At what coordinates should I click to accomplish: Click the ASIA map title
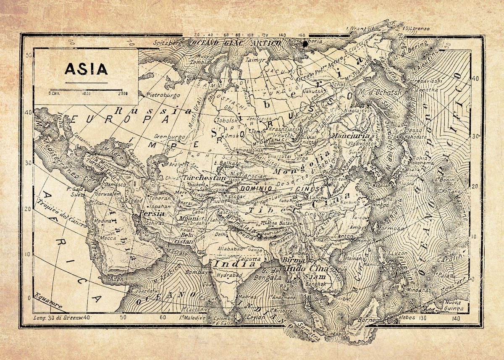86,68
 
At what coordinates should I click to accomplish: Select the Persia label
153,213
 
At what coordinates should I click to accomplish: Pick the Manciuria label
351,136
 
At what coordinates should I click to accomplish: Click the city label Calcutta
251,259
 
